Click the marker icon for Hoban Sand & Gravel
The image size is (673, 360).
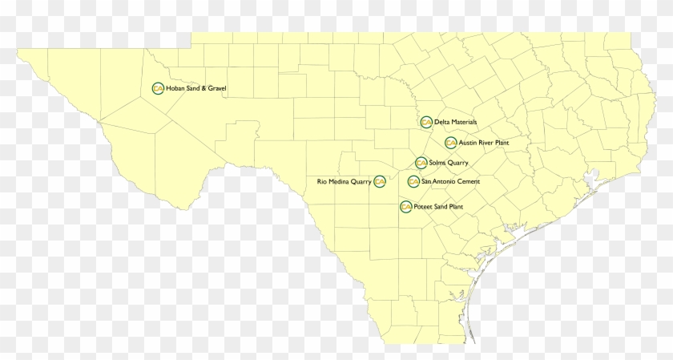(x=157, y=88)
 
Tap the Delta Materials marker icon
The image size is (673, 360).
(x=426, y=122)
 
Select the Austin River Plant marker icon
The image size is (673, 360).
(x=451, y=143)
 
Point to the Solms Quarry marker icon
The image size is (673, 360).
(x=421, y=163)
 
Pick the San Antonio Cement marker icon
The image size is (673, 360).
(x=413, y=182)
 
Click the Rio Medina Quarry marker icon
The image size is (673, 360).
(x=380, y=182)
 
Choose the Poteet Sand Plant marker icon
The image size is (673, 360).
(x=405, y=207)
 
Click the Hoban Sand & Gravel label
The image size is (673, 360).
(x=196, y=88)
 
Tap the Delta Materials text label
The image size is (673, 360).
(x=456, y=122)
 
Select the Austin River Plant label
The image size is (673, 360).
(x=484, y=143)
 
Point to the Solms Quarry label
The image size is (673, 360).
(x=449, y=163)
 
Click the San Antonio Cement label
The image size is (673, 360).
(x=451, y=182)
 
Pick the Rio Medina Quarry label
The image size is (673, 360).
(x=345, y=182)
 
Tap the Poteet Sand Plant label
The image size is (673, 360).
(x=438, y=207)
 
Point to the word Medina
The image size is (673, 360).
(x=338, y=182)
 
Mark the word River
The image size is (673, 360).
(x=486, y=143)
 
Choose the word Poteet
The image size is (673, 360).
(x=423, y=207)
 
